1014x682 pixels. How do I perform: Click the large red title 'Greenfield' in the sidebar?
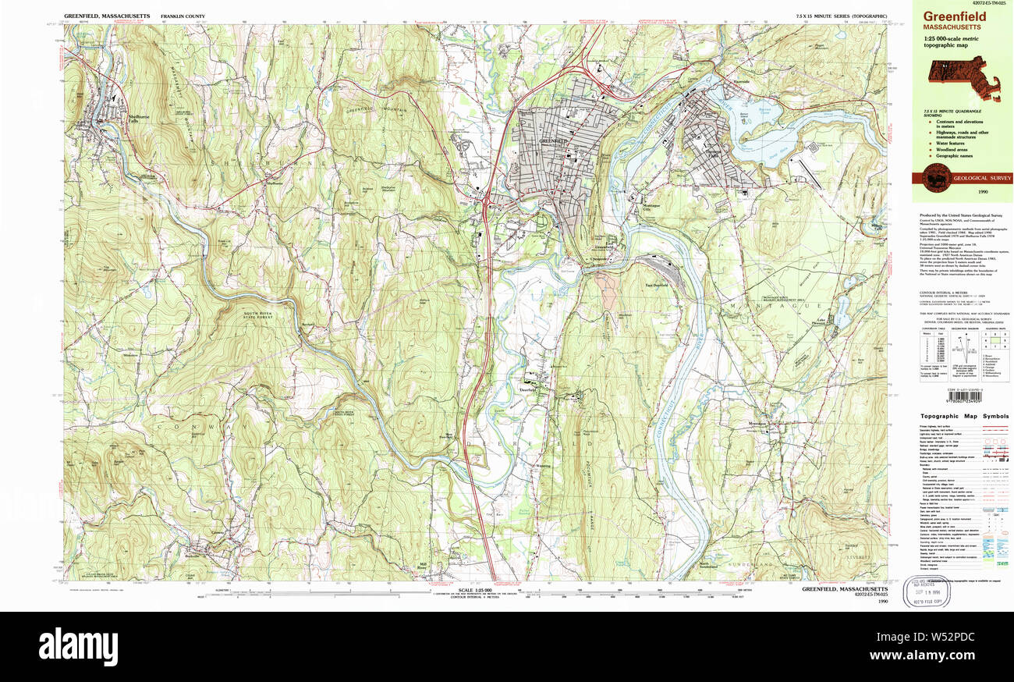tap(955, 16)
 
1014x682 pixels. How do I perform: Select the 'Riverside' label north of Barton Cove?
tap(740, 81)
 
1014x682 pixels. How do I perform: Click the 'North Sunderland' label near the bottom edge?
tap(707, 564)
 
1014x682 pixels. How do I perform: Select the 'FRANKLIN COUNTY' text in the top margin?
tap(183, 16)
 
